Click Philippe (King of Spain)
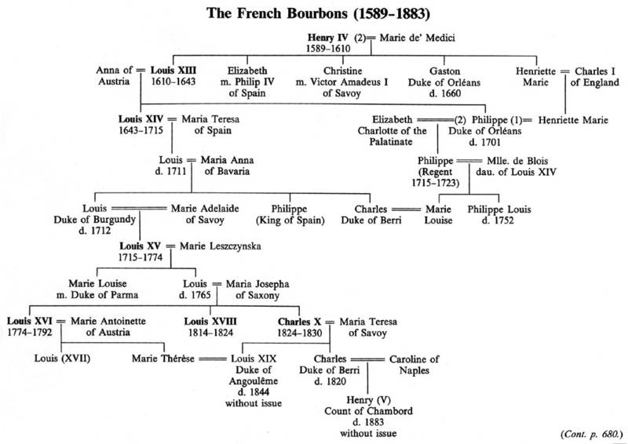[291, 214]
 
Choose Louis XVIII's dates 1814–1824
[209, 333]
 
